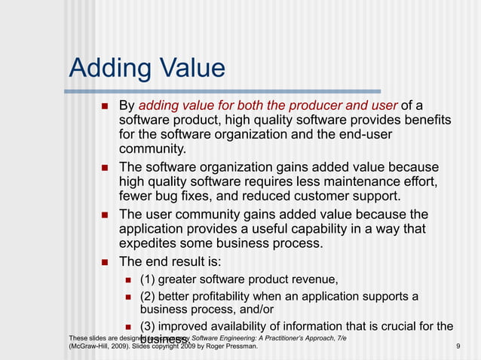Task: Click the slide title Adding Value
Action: (147, 69)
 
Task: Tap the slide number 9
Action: (458, 346)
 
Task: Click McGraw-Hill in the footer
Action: (93, 346)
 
